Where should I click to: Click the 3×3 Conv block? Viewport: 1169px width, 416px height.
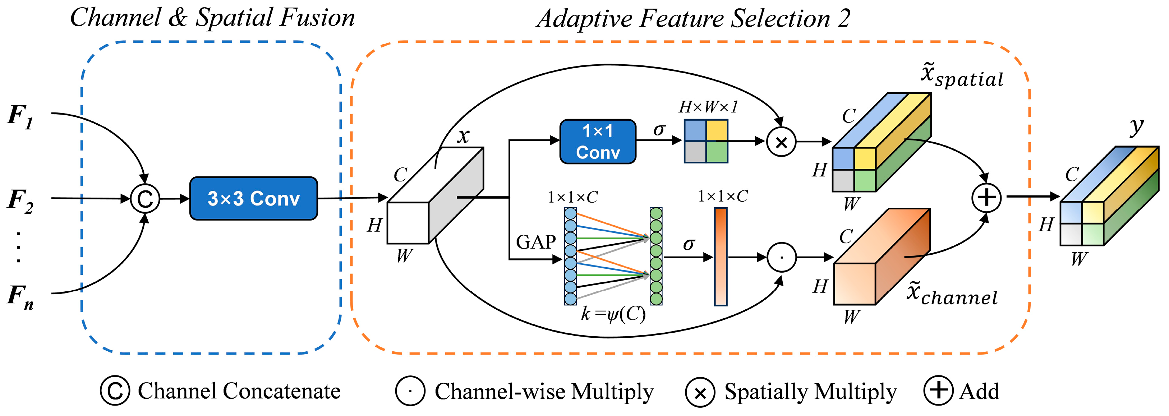tap(253, 198)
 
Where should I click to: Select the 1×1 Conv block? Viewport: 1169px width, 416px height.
tap(598, 142)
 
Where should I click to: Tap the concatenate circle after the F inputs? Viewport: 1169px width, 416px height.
tap(145, 199)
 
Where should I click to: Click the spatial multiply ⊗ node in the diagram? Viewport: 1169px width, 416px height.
tap(781, 142)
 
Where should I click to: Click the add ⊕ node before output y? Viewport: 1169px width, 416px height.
tap(986, 197)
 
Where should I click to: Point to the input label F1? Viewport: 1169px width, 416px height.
tap(20, 116)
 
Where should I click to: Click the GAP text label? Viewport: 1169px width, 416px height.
tap(535, 242)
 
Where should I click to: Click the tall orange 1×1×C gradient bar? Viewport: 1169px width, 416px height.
tap(721, 256)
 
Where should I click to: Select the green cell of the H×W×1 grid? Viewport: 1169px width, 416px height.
tap(717, 152)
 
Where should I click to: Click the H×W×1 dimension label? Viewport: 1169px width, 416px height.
tap(708, 107)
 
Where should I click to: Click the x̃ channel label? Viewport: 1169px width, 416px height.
tap(952, 293)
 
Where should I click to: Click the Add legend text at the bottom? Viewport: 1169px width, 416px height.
tap(979, 391)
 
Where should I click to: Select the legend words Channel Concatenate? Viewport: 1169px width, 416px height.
tap(239, 391)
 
